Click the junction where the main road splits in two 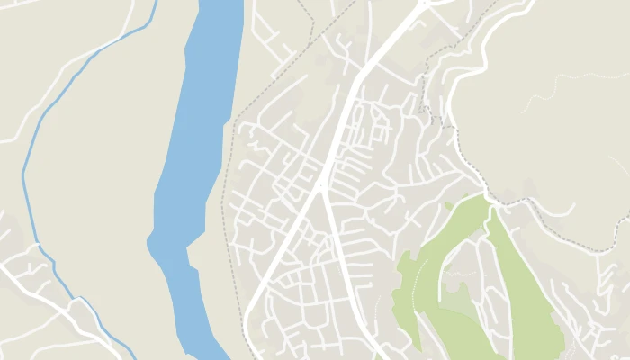[x=320, y=187]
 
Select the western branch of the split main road [x=279, y=252]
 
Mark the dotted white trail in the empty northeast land [x=576, y=81]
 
